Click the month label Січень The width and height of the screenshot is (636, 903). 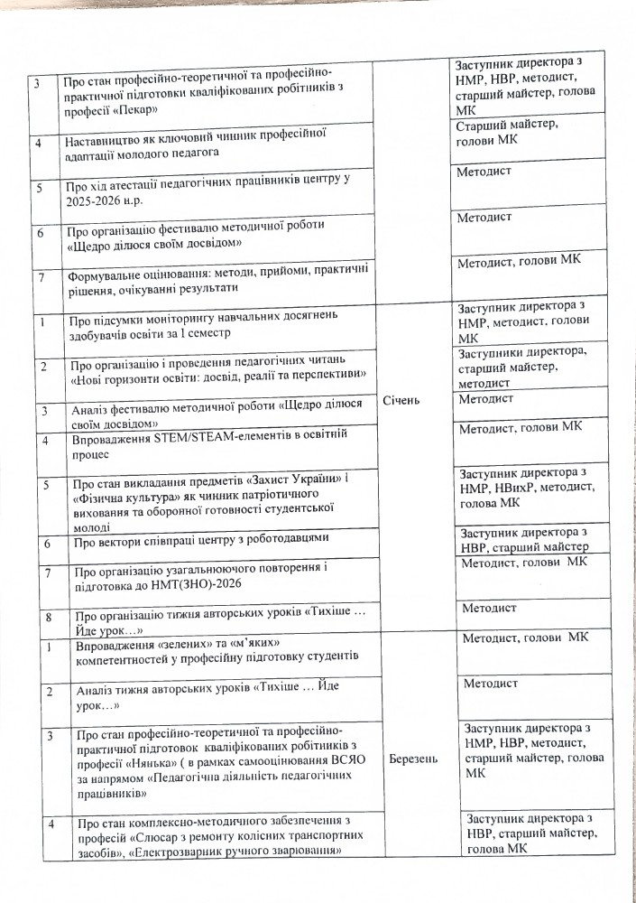(401, 400)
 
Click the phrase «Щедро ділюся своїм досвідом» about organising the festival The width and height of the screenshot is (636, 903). (153, 245)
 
